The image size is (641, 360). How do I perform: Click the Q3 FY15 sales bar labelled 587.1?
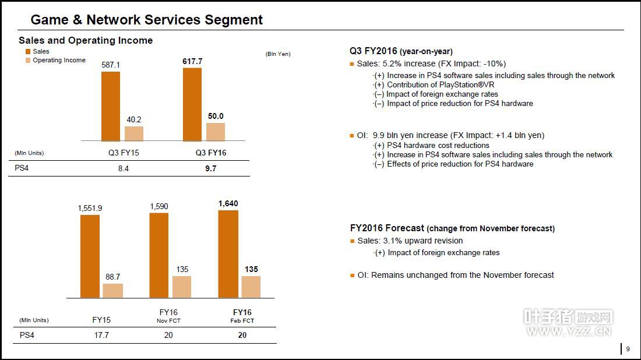[111, 106]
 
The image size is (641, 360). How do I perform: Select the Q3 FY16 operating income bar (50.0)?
[216, 132]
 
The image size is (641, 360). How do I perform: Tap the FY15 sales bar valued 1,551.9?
[90, 256]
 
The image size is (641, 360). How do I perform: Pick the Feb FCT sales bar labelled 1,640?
[228, 254]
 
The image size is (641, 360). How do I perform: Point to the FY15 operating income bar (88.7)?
[113, 291]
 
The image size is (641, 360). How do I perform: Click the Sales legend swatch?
[27, 52]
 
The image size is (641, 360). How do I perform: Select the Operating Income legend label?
[59, 60]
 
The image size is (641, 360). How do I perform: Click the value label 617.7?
[192, 61]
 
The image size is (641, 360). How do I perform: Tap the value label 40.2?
[133, 120]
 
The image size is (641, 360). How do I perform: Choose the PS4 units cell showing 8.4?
[123, 169]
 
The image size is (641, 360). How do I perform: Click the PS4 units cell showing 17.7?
[101, 336]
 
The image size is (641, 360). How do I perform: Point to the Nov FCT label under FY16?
[168, 321]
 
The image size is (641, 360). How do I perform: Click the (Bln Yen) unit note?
[278, 54]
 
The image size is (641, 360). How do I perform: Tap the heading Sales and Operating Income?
[86, 40]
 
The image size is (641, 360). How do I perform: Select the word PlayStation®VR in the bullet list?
[460, 84]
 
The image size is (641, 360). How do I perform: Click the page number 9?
[628, 349]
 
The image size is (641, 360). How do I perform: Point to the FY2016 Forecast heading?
[387, 228]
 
